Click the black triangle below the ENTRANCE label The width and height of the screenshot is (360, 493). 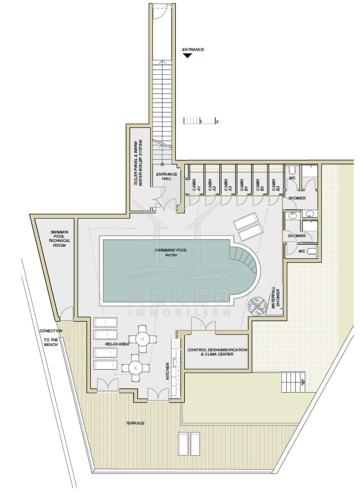[187, 56]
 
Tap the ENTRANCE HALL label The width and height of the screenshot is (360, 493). [167, 176]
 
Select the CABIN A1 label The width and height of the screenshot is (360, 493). [196, 185]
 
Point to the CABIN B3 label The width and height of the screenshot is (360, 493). [276, 185]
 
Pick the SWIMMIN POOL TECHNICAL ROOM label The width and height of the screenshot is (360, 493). [59, 239]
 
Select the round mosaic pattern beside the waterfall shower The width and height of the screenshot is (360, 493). [257, 306]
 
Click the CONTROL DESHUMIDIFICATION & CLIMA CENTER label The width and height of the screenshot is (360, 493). [217, 352]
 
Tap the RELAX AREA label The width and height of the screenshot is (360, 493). [117, 344]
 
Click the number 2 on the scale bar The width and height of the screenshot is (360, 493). [217, 122]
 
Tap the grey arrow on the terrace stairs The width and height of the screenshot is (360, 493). [303, 382]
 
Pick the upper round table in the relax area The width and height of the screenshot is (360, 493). [143, 339]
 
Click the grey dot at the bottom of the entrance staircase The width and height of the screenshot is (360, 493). [162, 164]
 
